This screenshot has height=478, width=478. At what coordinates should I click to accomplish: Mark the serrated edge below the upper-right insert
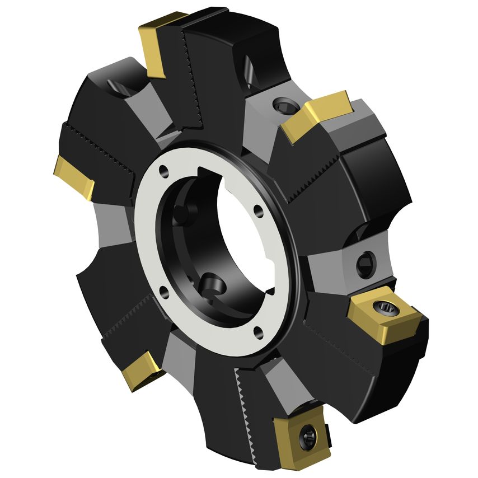tap(319, 179)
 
